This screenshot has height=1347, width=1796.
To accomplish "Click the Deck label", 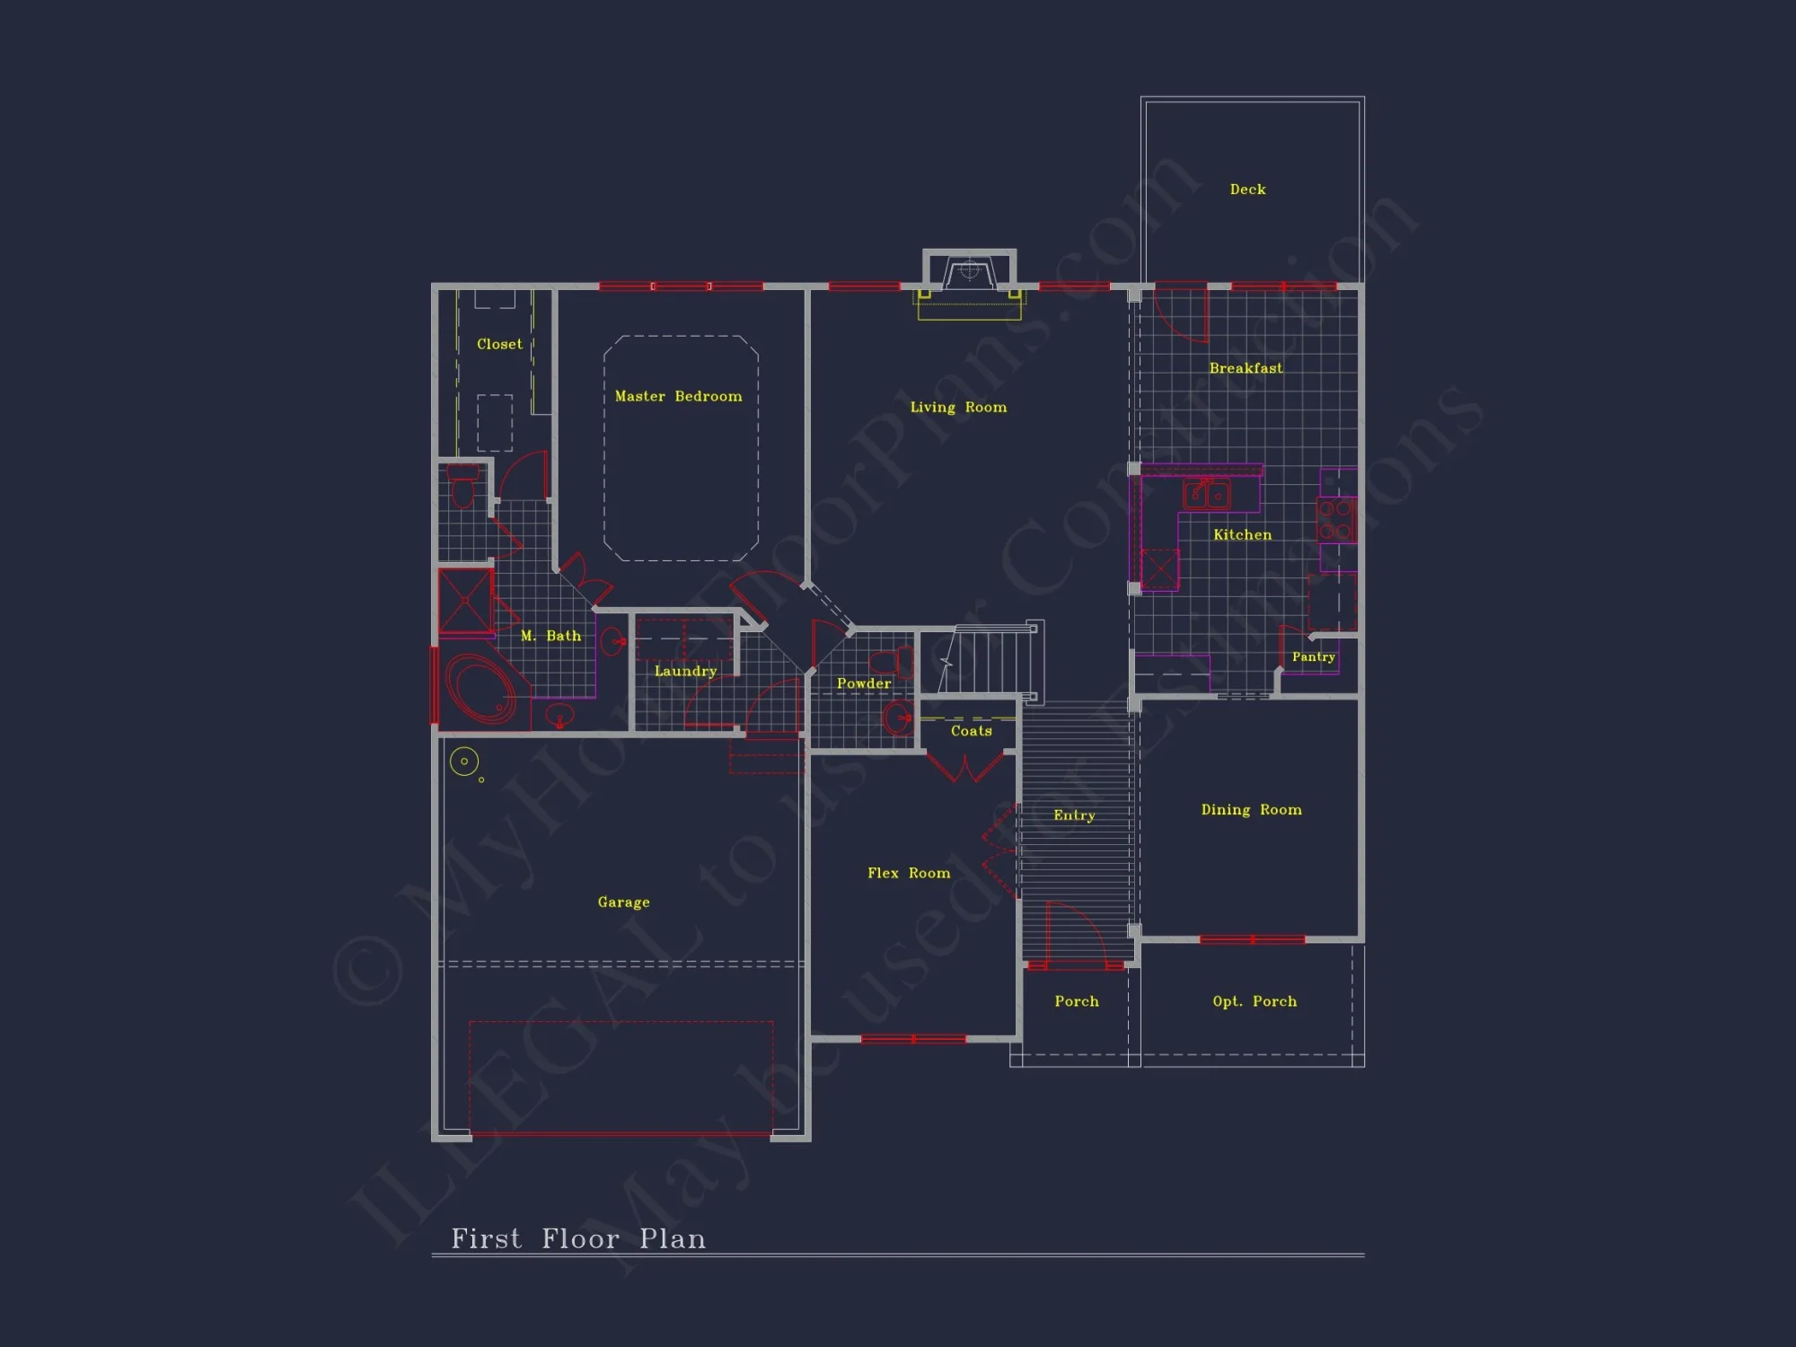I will point(1247,189).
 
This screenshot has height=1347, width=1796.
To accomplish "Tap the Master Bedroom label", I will point(678,396).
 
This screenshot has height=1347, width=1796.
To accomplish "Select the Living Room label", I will point(958,407).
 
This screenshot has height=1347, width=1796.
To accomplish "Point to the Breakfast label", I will point(1246,368).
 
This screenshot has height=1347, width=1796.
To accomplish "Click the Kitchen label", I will point(1242,534).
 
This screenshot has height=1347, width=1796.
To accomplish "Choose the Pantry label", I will point(1313,656).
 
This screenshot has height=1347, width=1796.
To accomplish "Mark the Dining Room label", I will point(1251,809).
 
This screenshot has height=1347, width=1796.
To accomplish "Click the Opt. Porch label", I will point(1255,1001).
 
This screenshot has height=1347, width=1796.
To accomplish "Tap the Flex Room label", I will point(909,873).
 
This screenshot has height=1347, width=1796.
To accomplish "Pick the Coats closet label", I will point(971,731).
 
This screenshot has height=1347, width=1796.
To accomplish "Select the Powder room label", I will point(864,683).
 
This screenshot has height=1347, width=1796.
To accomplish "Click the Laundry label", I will point(685,671).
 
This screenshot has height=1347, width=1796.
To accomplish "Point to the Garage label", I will point(623,902).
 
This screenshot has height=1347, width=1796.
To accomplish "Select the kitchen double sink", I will point(1206,494).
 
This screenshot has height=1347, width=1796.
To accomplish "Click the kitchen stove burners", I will point(1335,520).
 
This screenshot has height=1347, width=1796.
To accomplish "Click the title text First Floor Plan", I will point(578,1239).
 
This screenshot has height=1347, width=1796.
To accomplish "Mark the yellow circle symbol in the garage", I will point(464,762).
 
